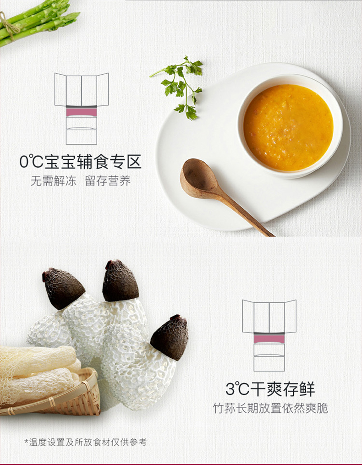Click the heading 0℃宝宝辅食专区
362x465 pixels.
[x=80, y=162]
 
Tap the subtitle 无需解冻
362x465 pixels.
[x=54, y=181]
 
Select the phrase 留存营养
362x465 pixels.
[x=108, y=181]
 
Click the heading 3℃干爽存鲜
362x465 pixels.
[x=270, y=389]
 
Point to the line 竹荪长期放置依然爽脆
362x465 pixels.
[x=270, y=408]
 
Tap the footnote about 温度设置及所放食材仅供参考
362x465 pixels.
[x=85, y=442]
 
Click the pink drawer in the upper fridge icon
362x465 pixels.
[x=81, y=112]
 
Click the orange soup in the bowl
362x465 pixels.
[x=288, y=127]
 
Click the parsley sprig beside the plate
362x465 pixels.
[x=181, y=88]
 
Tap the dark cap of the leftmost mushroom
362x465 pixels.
[x=63, y=288]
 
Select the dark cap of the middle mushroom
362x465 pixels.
[x=120, y=280]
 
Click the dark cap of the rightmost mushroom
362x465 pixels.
[x=170, y=338]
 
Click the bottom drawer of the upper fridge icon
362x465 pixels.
[x=81, y=137]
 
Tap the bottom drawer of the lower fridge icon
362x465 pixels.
[x=269, y=363]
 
